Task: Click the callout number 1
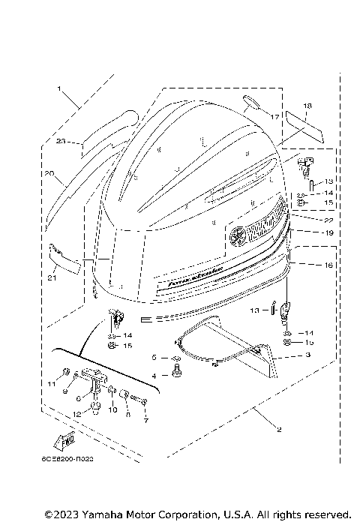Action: coord(58,88)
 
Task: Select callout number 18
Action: coord(307,106)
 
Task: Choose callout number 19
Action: coord(307,232)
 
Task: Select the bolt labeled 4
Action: coord(177,371)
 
